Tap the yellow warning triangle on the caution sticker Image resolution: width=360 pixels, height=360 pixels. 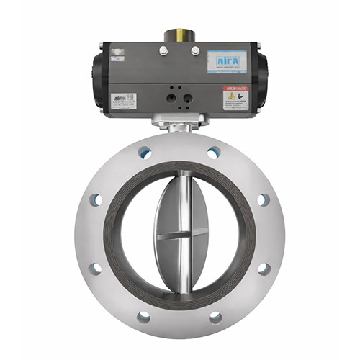[x=232, y=96]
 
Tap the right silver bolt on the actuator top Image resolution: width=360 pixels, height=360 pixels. [x=195, y=50]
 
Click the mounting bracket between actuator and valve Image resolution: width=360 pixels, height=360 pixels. [x=179, y=125]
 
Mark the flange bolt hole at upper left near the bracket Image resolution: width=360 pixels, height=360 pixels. [x=145, y=152]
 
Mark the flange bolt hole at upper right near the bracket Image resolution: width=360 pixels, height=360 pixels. [x=213, y=153]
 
